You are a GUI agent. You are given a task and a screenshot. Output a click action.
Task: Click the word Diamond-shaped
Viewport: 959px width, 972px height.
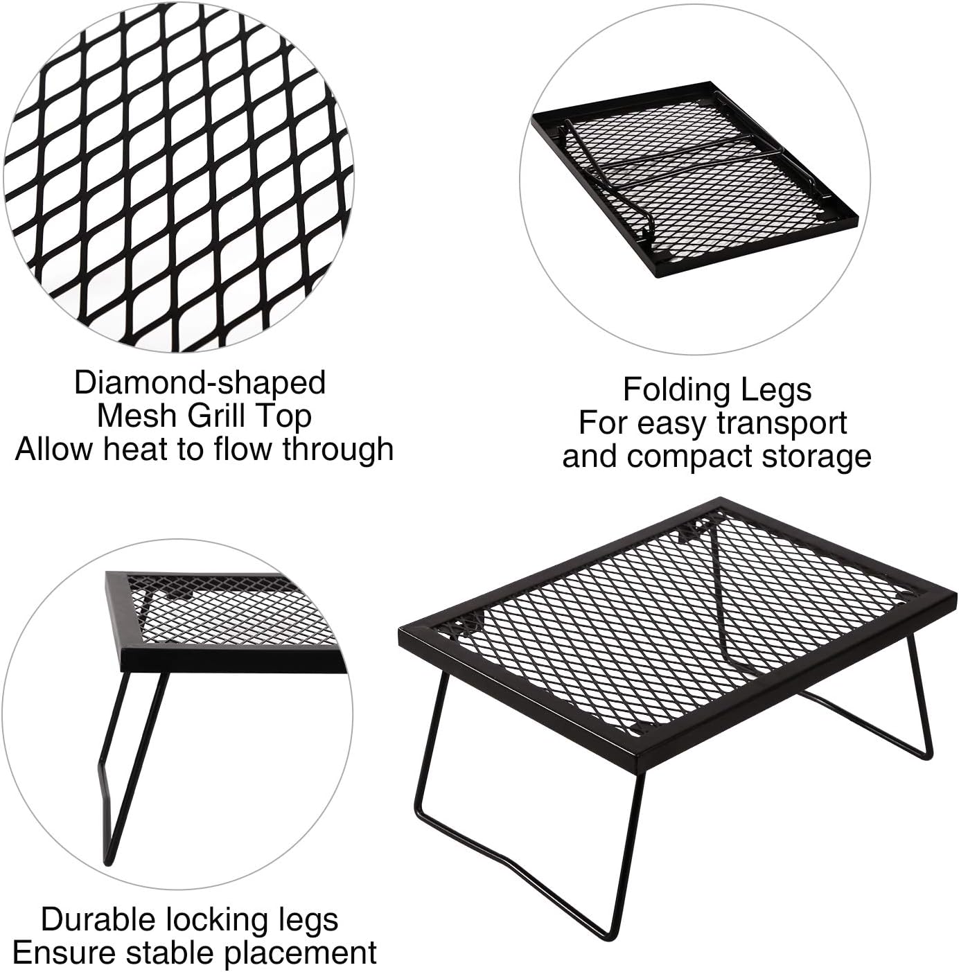(200, 383)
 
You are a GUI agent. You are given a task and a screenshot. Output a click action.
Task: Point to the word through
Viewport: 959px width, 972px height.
(337, 449)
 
